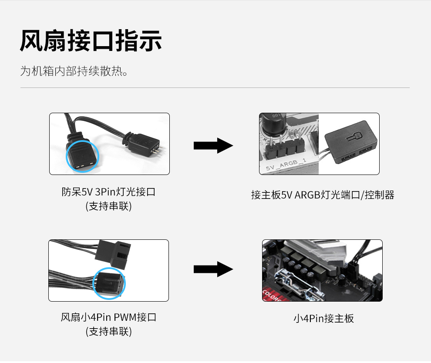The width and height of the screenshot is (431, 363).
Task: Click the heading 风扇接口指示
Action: [x=91, y=40]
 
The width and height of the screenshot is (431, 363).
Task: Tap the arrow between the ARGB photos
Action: [x=213, y=145]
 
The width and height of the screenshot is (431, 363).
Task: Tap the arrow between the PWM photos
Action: [x=213, y=269]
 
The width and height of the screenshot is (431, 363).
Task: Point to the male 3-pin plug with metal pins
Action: [x=143, y=144]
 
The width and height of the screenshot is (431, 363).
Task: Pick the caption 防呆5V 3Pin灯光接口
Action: [x=108, y=192]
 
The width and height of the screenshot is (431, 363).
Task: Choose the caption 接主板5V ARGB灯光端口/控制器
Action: [x=323, y=195]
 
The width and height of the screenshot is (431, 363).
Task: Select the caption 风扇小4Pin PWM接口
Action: [x=108, y=317]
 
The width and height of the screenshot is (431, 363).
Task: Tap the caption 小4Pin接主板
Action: [x=324, y=319]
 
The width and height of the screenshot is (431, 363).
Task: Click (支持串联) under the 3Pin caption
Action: [x=108, y=206]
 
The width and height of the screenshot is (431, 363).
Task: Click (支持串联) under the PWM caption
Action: [x=108, y=331]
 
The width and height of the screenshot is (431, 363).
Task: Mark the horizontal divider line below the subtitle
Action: [x=215, y=87]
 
